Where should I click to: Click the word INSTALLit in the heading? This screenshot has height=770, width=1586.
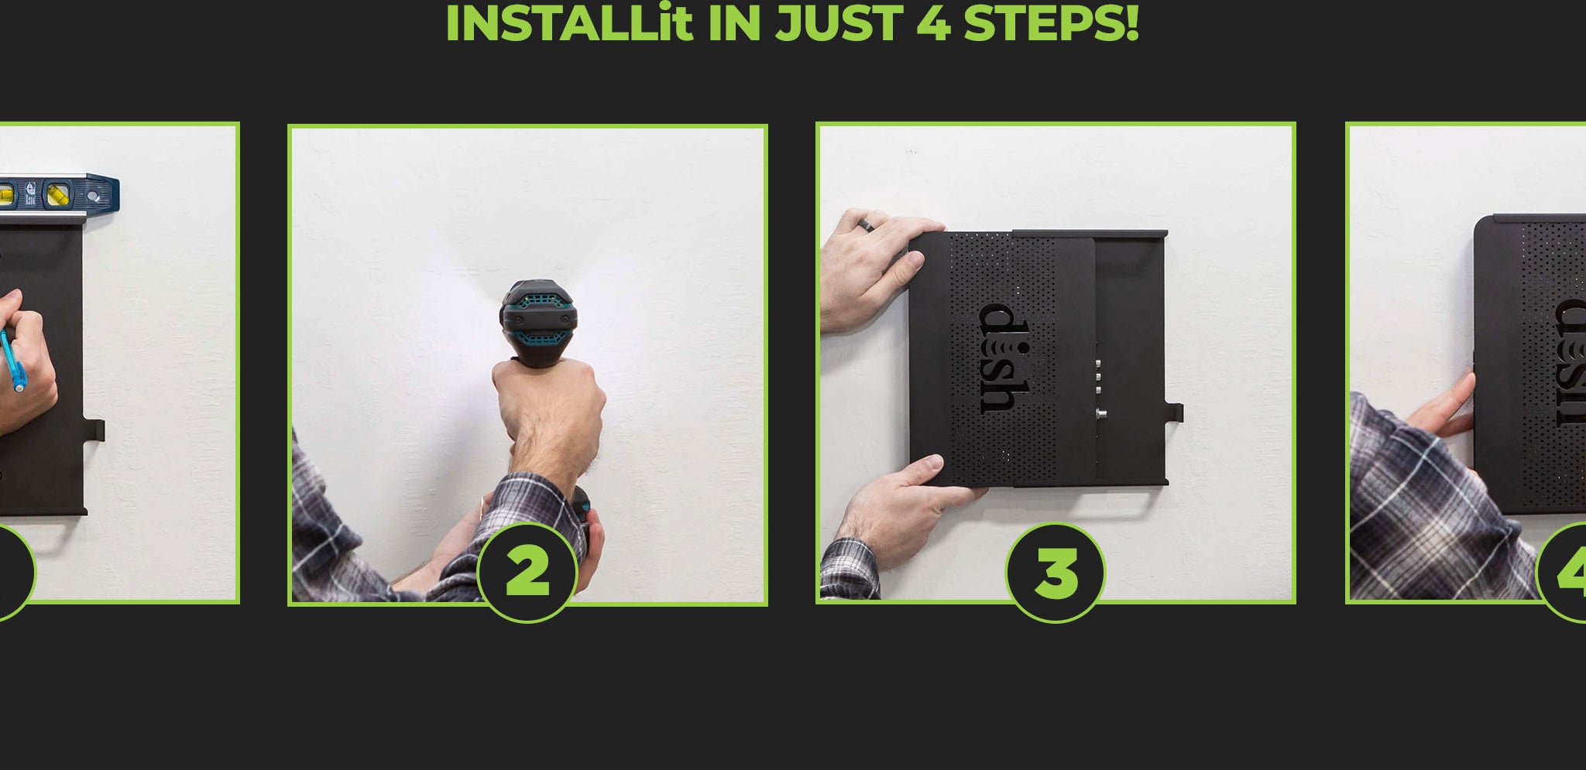(568, 23)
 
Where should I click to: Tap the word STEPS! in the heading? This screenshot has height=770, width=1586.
(1051, 23)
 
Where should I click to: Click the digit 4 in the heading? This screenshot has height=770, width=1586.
(933, 23)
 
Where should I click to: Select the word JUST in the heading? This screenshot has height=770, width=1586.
(839, 23)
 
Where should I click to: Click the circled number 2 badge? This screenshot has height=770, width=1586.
(527, 572)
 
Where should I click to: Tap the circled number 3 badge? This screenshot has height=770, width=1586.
(1056, 572)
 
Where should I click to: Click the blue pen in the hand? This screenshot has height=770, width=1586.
(12, 360)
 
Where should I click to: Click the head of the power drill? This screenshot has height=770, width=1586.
(540, 323)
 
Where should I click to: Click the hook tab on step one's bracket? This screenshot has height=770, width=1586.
(95, 430)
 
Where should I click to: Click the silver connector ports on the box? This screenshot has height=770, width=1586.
(1099, 387)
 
